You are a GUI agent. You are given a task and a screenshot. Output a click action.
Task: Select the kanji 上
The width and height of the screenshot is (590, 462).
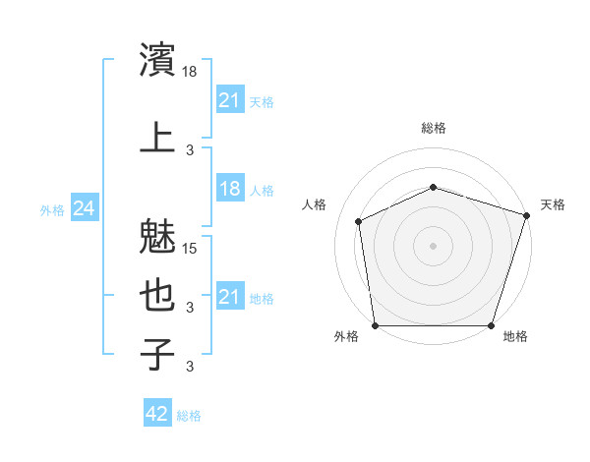(x=157, y=138)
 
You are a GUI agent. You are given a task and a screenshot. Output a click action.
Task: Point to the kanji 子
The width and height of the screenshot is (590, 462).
(x=157, y=356)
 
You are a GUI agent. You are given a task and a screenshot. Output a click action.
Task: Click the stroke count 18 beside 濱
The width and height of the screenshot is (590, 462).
(x=191, y=73)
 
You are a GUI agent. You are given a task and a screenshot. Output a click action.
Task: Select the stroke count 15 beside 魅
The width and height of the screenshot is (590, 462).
(x=191, y=248)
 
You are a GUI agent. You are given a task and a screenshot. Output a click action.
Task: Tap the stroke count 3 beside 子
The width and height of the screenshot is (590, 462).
(x=191, y=368)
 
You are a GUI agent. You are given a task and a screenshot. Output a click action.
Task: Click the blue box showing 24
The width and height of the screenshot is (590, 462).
(x=84, y=208)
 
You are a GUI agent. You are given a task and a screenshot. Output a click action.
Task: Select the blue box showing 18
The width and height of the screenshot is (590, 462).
(x=229, y=189)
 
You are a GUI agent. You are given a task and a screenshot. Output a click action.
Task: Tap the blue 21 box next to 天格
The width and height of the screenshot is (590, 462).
(x=229, y=100)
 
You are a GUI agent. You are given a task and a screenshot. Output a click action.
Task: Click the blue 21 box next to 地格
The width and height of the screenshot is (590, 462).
(x=229, y=297)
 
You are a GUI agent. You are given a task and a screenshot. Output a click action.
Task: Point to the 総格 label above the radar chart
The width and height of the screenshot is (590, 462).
(x=434, y=128)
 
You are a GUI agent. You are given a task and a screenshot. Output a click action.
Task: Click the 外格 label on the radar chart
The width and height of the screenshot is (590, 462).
(x=345, y=336)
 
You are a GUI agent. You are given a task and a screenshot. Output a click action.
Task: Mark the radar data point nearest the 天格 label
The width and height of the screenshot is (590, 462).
(x=527, y=214)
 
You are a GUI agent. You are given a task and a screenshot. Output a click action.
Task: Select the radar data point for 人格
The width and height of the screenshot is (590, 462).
(x=359, y=221)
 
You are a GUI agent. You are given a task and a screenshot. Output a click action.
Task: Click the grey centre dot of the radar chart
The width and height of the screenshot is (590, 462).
(x=434, y=246)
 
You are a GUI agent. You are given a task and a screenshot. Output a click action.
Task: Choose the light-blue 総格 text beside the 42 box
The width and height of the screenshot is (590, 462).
(x=189, y=416)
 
